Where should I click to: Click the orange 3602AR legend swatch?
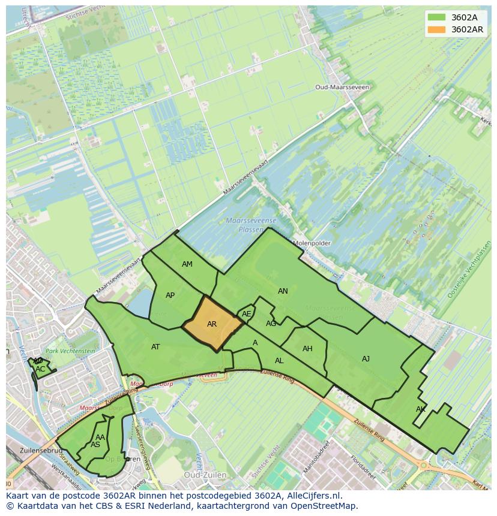tap(436, 29)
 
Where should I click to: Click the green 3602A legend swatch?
tap(436, 17)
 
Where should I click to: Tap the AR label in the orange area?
tap(212, 324)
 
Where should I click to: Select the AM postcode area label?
tap(187, 264)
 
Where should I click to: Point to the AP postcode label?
tap(170, 295)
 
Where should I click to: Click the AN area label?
tap(283, 291)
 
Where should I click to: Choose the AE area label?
tap(246, 314)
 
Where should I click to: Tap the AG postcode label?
tap(271, 324)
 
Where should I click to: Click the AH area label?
tap(307, 349)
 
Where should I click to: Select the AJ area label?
tap(366, 359)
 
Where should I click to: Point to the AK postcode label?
tap(421, 409)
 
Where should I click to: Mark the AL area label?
tap(279, 361)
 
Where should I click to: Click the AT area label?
tap(155, 347)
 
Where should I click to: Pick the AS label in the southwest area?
tap(95, 445)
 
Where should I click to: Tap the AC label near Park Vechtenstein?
tap(40, 369)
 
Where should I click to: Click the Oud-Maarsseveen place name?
tap(342, 87)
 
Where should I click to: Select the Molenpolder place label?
tap(312, 243)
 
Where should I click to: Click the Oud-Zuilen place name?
tap(205, 475)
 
